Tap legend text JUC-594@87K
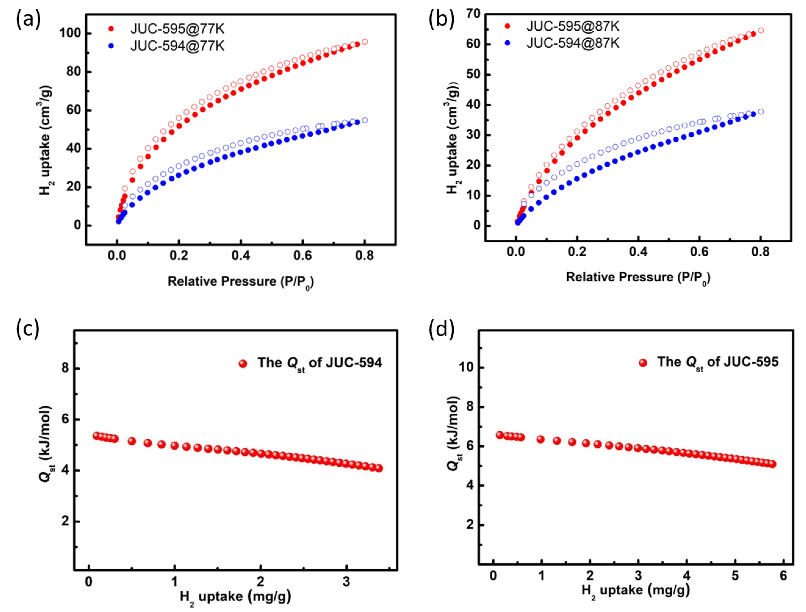point(573,43)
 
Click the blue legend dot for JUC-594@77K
point(111,46)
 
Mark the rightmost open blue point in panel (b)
point(760,111)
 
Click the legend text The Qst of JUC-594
point(320,363)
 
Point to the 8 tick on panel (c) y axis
point(65,368)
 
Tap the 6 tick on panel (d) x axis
point(783,576)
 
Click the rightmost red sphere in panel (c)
point(379,468)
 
